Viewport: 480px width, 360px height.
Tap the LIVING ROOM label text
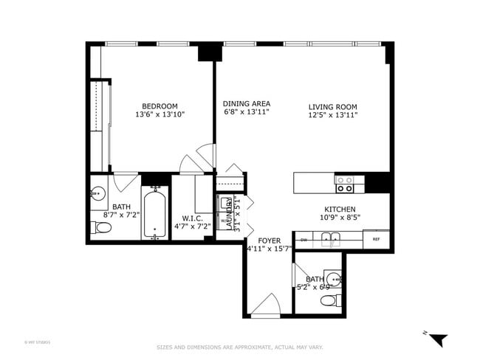coord(332,107)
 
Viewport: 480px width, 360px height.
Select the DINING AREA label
coord(247,104)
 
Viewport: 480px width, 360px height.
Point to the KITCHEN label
coord(340,210)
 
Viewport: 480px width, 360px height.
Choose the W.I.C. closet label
coord(193,218)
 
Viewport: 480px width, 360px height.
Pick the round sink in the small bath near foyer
coord(334,279)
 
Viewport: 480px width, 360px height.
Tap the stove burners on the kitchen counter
coord(344,183)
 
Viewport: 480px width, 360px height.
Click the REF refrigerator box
coord(376,240)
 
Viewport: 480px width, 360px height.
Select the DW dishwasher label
coord(304,240)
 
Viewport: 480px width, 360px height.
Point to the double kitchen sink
coord(329,238)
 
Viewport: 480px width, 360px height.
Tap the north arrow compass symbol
coord(438,339)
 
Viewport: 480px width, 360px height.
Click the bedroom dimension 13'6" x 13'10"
coord(160,115)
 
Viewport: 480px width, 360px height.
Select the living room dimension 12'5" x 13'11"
coord(332,116)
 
